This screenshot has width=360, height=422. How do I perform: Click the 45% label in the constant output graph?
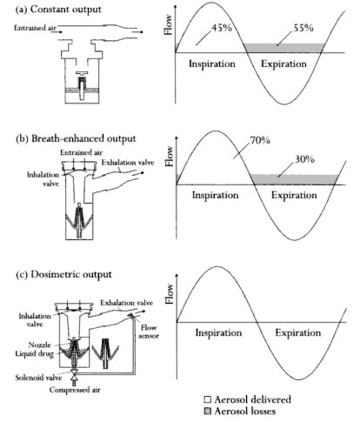tap(222, 28)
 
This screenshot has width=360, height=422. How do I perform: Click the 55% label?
tap(303, 28)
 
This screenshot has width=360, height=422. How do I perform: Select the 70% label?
tap(260, 140)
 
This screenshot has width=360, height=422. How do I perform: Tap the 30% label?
tap(304, 159)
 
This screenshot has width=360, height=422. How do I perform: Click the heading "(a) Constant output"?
tap(58, 10)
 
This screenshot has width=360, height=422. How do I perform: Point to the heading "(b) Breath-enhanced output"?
tap(76, 138)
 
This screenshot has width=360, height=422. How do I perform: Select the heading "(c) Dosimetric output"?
tap(63, 274)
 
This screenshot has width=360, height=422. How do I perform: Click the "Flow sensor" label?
tap(149, 332)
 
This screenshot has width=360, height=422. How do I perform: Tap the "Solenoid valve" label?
tap(38, 378)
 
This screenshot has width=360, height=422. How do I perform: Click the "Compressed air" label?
tap(75, 390)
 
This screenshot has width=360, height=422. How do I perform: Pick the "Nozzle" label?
tap(40, 345)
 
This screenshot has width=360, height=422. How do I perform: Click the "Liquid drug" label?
tap(35, 354)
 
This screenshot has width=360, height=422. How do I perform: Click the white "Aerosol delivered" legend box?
tap(208, 399)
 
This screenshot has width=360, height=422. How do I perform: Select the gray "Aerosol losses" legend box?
tap(208, 411)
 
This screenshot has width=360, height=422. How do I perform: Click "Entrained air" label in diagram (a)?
tap(35, 28)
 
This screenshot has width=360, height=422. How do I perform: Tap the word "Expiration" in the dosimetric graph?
tap(298, 332)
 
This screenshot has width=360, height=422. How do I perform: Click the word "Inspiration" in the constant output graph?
tap(212, 64)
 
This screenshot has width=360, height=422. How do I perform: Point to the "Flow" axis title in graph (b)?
tap(169, 157)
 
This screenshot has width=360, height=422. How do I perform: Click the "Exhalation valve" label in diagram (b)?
tap(128, 163)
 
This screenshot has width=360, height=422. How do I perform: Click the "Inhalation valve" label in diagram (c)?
tap(35, 320)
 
